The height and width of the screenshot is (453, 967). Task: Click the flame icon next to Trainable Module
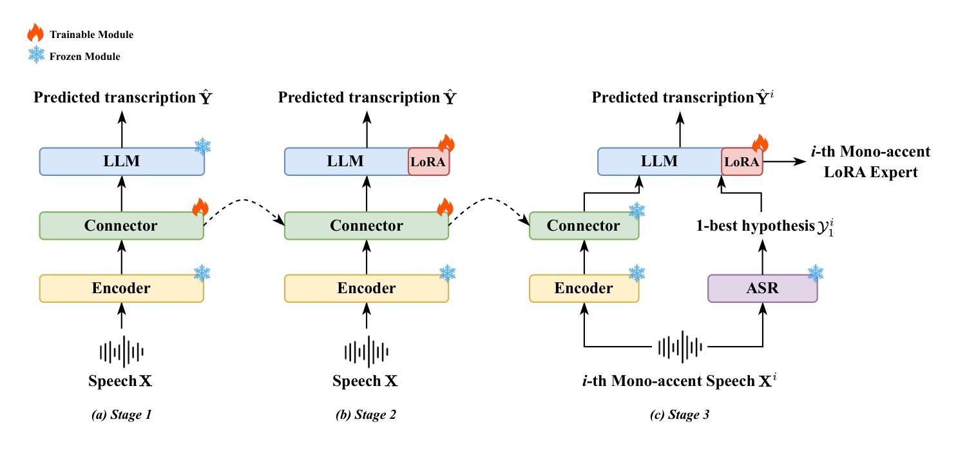pyautogui.click(x=35, y=33)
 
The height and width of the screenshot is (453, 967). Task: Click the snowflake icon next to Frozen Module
pyautogui.click(x=36, y=55)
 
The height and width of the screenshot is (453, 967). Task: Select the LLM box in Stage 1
pyautogui.click(x=122, y=162)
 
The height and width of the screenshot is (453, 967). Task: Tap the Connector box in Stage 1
pyautogui.click(x=121, y=226)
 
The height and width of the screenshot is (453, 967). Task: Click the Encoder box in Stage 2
pyautogui.click(x=367, y=288)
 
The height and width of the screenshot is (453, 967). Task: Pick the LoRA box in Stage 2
pyautogui.click(x=428, y=162)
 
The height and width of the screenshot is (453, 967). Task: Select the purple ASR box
pyautogui.click(x=762, y=288)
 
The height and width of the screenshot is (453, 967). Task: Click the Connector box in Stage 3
pyautogui.click(x=584, y=226)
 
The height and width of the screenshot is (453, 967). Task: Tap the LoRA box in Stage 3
pyautogui.click(x=742, y=162)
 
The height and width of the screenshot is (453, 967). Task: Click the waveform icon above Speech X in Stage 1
pyautogui.click(x=122, y=352)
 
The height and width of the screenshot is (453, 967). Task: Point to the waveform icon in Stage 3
pyautogui.click(x=680, y=347)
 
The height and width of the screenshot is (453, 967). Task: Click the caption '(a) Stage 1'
pyautogui.click(x=121, y=414)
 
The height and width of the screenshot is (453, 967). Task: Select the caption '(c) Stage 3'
pyautogui.click(x=680, y=414)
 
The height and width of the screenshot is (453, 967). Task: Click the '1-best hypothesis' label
pyautogui.click(x=756, y=226)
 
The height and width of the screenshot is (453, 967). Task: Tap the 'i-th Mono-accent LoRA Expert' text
pyautogui.click(x=871, y=162)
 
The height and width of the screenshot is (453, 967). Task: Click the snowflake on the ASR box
pyautogui.click(x=816, y=273)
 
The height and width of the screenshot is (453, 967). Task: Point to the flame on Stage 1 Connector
pyautogui.click(x=200, y=207)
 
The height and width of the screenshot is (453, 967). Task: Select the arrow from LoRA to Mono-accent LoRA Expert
pyautogui.click(x=785, y=162)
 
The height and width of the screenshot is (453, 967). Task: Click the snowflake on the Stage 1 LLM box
pyautogui.click(x=202, y=147)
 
